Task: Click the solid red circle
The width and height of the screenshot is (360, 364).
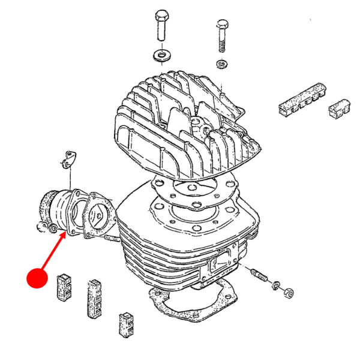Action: pos(37,277)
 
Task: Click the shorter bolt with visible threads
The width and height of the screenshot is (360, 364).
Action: pos(221,36)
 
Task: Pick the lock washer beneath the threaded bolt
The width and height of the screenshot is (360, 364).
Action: pos(221,64)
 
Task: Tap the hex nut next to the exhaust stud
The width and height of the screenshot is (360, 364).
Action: pos(287,293)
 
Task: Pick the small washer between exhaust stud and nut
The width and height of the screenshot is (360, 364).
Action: pos(276,285)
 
